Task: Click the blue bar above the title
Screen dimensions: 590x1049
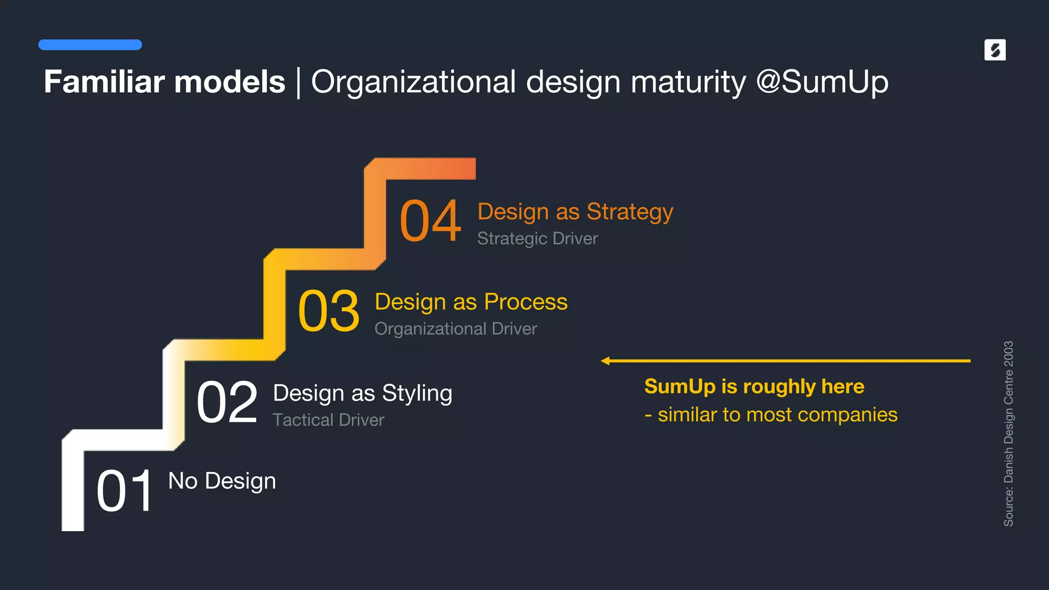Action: click(90, 45)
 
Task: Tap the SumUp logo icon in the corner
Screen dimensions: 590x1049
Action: click(995, 50)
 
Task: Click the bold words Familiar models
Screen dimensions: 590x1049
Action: click(164, 82)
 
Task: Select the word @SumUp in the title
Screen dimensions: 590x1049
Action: click(822, 82)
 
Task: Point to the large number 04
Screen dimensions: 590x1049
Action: click(430, 221)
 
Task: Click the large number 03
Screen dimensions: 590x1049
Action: click(328, 311)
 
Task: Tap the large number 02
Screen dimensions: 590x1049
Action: click(227, 403)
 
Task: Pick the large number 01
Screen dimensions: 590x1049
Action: click(124, 492)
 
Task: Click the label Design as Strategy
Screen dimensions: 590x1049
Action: click(575, 212)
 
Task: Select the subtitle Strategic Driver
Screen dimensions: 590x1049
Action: click(537, 239)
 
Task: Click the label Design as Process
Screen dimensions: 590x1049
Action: click(471, 302)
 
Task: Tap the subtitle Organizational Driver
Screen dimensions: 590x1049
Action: click(455, 329)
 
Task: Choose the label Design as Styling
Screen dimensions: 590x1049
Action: click(362, 393)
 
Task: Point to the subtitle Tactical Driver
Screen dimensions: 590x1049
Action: click(328, 420)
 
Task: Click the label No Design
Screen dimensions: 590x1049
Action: click(222, 481)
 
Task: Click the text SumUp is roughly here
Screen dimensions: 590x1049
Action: click(754, 387)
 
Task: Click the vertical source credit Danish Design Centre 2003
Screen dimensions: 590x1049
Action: click(1008, 433)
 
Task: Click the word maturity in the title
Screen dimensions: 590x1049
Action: click(688, 82)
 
